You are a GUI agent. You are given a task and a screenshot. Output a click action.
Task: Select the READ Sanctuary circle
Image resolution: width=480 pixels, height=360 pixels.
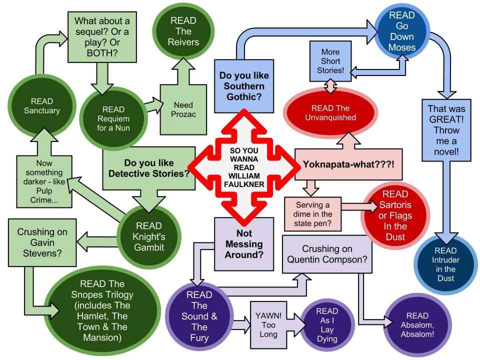[x=41, y=106]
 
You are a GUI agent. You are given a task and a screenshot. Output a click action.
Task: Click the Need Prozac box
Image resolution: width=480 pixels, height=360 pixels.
[x=183, y=110]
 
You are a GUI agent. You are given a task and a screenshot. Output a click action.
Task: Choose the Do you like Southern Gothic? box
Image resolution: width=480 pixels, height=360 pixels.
[x=244, y=86]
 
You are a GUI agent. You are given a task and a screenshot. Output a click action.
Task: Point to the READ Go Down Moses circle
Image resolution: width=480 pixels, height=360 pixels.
[x=402, y=31]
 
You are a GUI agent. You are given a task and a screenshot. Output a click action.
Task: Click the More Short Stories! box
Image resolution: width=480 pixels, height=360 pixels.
[x=330, y=60]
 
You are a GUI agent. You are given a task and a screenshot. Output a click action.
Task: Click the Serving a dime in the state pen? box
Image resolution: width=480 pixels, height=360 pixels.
[x=312, y=214]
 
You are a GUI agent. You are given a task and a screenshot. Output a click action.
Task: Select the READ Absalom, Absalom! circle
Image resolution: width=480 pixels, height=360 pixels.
[x=417, y=325]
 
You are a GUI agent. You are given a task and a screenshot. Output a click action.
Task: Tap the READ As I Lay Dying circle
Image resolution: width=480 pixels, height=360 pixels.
[x=327, y=325]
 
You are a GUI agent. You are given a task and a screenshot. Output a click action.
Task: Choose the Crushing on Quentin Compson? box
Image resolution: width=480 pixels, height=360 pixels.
[x=327, y=254]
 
